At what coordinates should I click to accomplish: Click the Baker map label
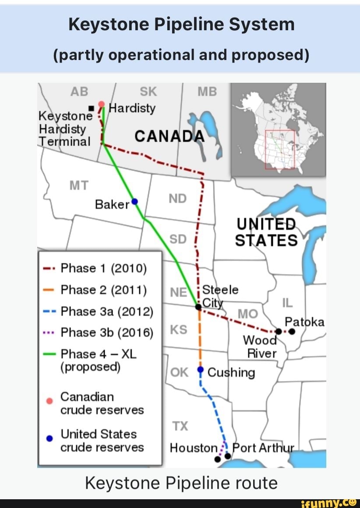pos(112,204)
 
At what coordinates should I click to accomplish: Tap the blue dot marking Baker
pos(135,201)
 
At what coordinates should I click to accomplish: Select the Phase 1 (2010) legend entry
pos(103,268)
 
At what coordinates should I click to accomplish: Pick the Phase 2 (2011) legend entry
pos(103,289)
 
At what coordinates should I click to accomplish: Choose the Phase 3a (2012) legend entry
pos(107,311)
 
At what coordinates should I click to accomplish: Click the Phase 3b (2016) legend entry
pos(107,333)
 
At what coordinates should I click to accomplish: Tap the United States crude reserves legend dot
pos(50,437)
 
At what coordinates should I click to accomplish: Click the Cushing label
pos(231,372)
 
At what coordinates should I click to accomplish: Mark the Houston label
pos(194,448)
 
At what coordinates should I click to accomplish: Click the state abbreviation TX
pos(180,426)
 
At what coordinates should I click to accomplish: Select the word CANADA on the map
pos(169,137)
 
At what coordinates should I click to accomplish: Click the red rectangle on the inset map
pos(280,149)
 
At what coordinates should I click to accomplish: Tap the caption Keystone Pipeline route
pos(181,483)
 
